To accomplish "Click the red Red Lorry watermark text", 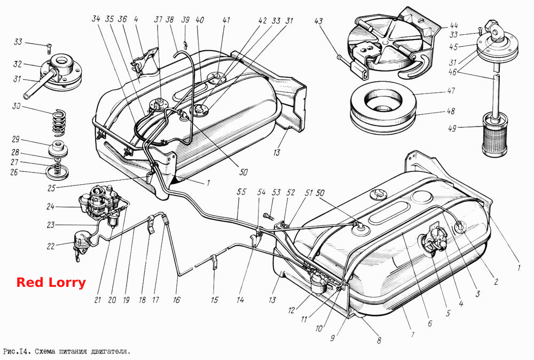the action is coord(51,283).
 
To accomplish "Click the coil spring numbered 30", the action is coord(60,122).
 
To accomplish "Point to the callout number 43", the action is coord(318,21).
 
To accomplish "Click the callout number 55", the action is coord(241,192).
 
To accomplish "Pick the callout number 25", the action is coord(51,188).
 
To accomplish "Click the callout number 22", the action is coord(50,246).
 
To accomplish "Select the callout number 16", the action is coord(176,300).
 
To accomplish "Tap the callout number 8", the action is coord(379,340).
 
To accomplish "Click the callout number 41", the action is coord(226,20).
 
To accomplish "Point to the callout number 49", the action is coord(452,129).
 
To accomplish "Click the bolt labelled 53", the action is coord(269,216).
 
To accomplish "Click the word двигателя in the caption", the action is coord(111,351).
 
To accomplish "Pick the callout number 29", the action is coord(15,139).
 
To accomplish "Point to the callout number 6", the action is coord(430,323).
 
